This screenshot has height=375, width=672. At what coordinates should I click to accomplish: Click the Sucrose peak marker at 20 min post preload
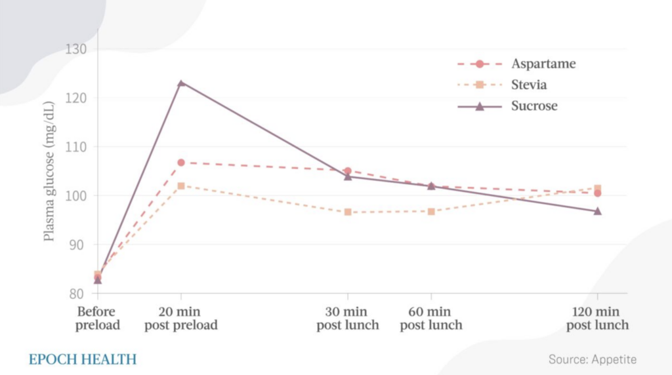[x=181, y=83]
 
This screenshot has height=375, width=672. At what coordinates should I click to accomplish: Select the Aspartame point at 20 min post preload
[x=181, y=163]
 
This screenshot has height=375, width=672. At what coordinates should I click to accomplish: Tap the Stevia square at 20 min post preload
[x=181, y=186]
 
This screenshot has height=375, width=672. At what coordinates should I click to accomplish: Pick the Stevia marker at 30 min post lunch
[x=348, y=212]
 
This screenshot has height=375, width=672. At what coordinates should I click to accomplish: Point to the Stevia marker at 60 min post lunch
[x=431, y=212]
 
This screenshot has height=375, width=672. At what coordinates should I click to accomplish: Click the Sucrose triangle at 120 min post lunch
[x=598, y=211]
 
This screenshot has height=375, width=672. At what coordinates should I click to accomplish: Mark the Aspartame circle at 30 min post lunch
[x=348, y=171]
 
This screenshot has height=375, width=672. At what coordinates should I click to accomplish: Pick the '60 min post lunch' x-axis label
[x=431, y=318]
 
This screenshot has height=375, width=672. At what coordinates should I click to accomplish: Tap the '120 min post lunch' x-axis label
[x=598, y=318]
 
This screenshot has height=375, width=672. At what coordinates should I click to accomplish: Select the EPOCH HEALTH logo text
[x=83, y=359]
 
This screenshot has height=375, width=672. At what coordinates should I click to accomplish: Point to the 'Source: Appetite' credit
[x=592, y=359]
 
